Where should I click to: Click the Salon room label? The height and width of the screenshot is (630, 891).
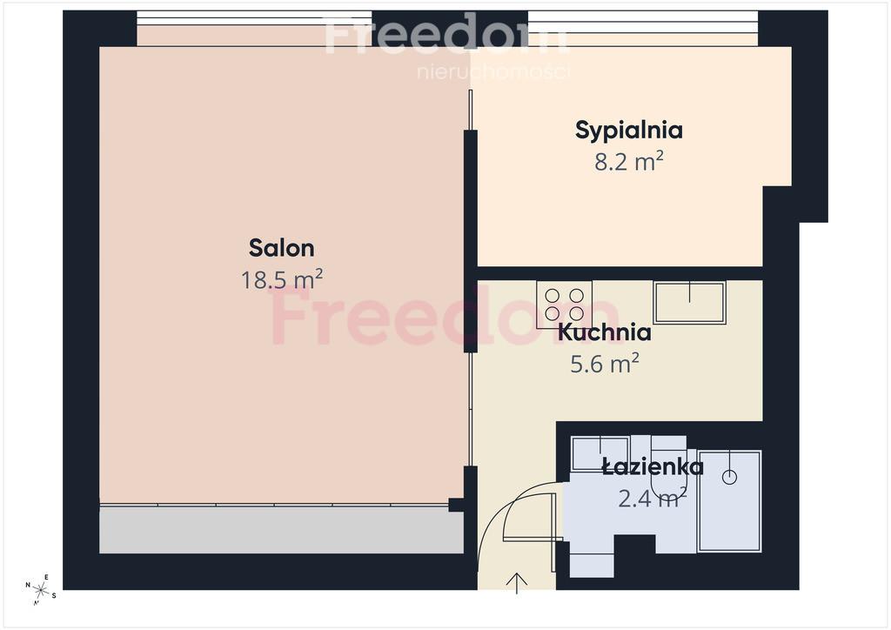tap(281, 248)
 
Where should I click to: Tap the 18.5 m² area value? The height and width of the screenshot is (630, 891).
tap(282, 279)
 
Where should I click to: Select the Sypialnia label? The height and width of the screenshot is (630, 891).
tap(628, 131)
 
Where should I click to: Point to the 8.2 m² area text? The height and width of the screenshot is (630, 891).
tap(629, 161)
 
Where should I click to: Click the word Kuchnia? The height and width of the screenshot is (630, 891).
tap(604, 332)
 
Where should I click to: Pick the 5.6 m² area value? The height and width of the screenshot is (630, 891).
tap(605, 363)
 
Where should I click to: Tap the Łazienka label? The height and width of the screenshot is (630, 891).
tap(653, 466)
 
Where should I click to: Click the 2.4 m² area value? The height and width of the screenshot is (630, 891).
tap(653, 498)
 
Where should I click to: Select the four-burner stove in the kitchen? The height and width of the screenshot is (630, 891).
tap(564, 305)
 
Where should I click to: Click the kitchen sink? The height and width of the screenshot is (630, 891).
tap(689, 302)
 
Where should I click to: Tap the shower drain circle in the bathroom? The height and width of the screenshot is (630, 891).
tap(730, 477)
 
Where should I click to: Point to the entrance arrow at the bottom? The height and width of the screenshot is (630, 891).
tap(517, 583)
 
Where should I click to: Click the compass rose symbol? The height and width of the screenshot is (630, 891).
tap(40, 590)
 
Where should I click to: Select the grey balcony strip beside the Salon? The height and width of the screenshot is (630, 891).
tap(281, 530)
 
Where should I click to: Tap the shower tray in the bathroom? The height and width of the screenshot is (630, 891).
tap(730, 501)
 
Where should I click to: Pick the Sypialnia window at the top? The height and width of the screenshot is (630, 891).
tap(643, 22)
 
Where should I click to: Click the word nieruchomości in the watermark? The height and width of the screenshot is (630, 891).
tap(493, 72)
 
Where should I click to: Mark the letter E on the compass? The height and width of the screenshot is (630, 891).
tap(47, 578)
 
